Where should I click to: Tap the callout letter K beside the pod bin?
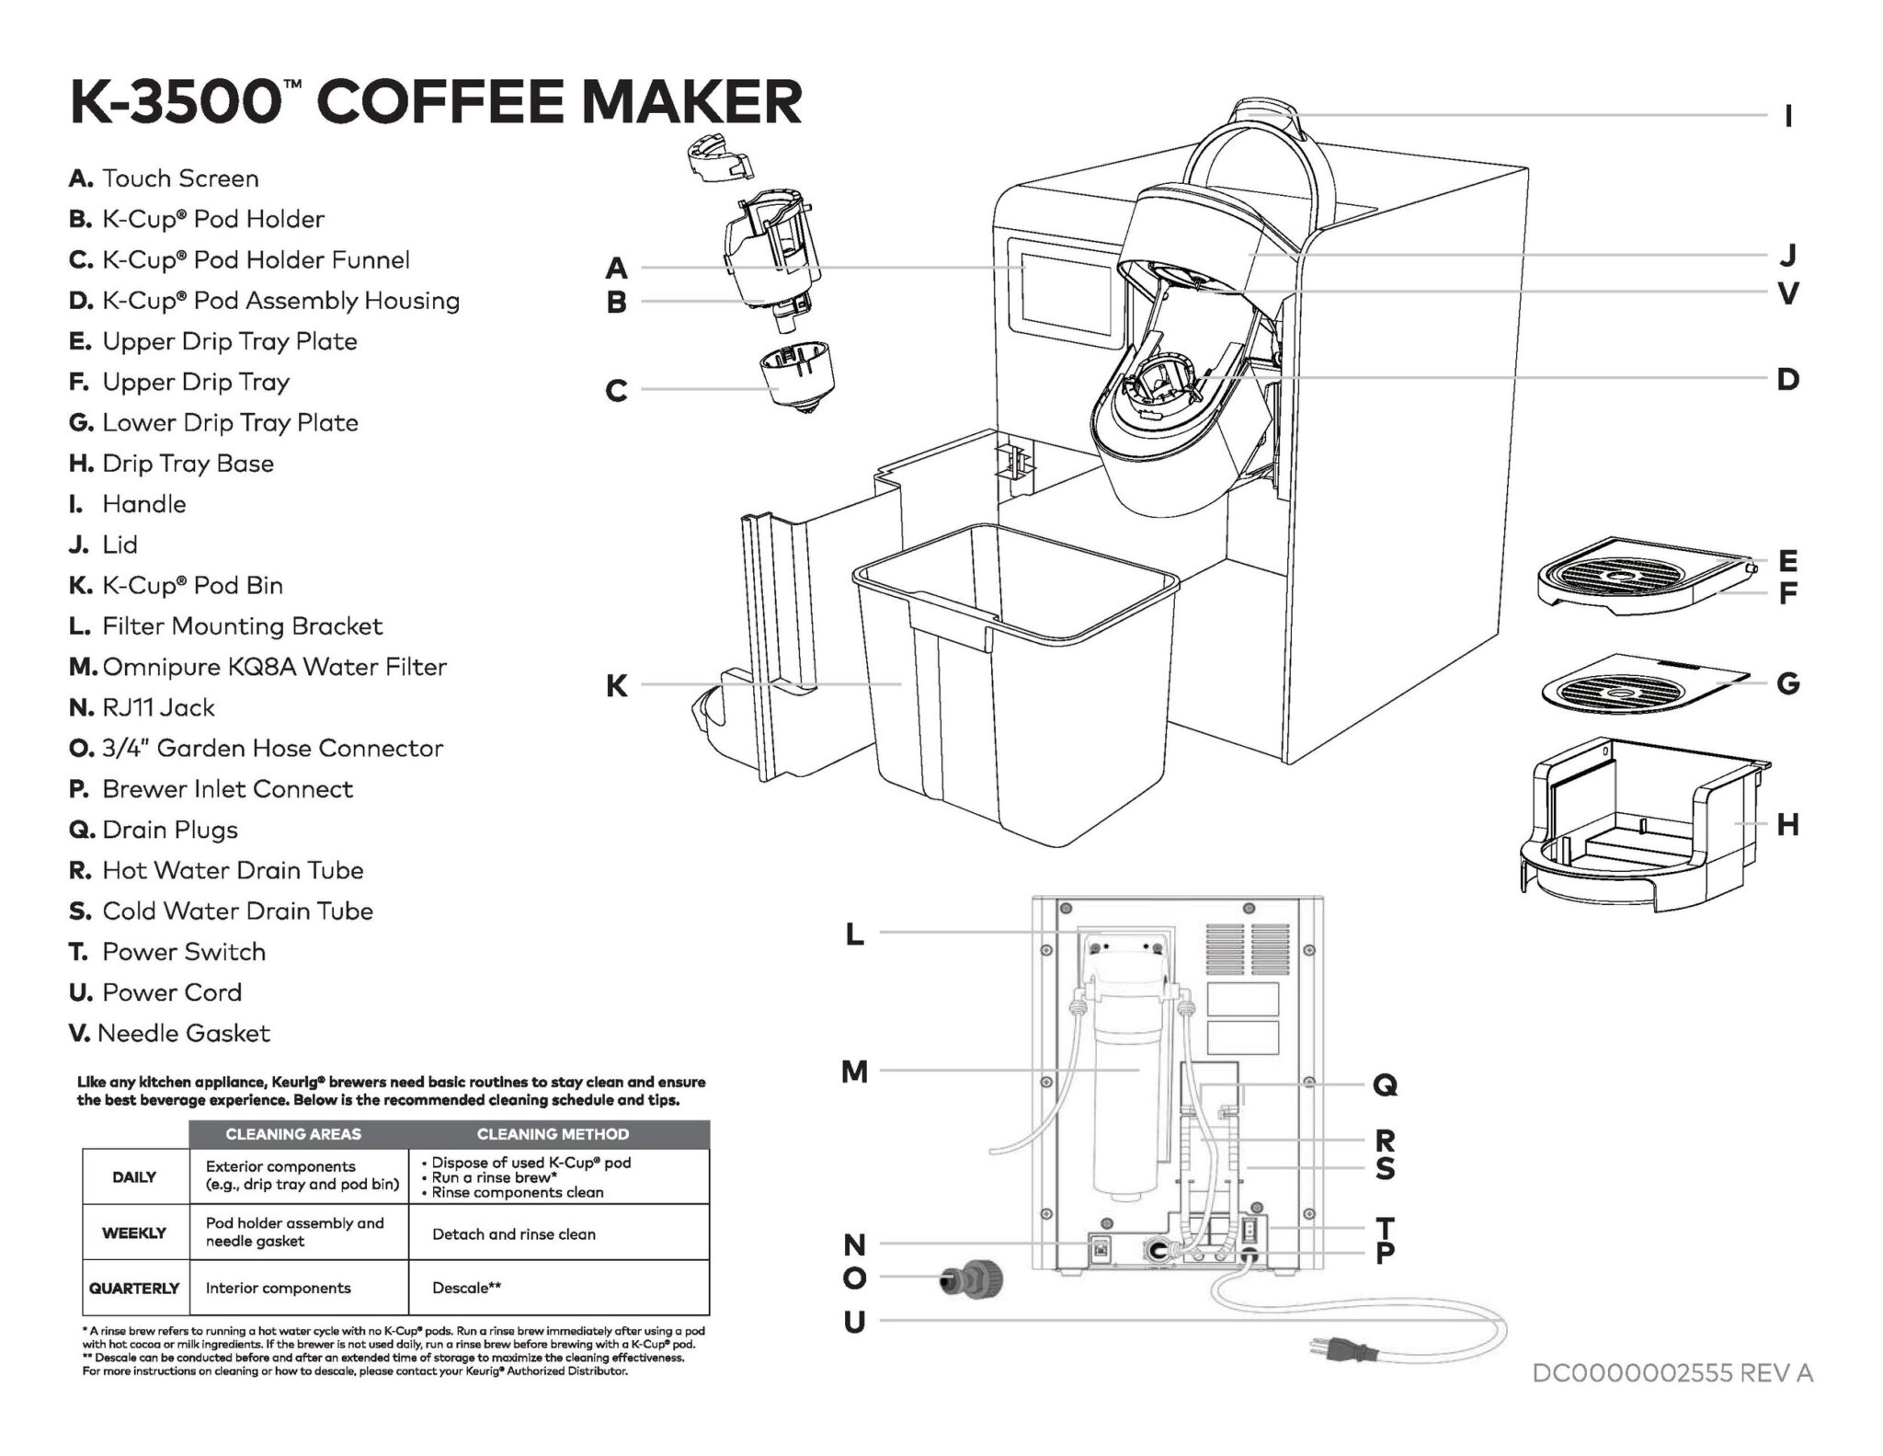coord(616,686)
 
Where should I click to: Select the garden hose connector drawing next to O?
coord(971,1279)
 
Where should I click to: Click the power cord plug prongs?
coord(1322,1349)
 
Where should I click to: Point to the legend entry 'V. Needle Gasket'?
coord(169,1033)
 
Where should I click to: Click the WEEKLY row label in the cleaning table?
coord(134,1232)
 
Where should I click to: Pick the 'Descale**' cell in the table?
coord(466,1288)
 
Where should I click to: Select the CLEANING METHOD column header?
coord(553,1134)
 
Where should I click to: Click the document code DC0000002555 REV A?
coord(1672,1373)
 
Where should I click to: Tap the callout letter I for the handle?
coord(1787,117)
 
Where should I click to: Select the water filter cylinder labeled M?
coord(1121,1104)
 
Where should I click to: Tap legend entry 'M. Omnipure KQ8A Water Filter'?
coord(257,667)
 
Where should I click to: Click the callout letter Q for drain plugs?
coord(1385,1086)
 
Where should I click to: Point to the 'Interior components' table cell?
coord(278,1288)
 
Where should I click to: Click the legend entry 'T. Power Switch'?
coord(167,952)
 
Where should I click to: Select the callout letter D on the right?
coord(1787,380)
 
